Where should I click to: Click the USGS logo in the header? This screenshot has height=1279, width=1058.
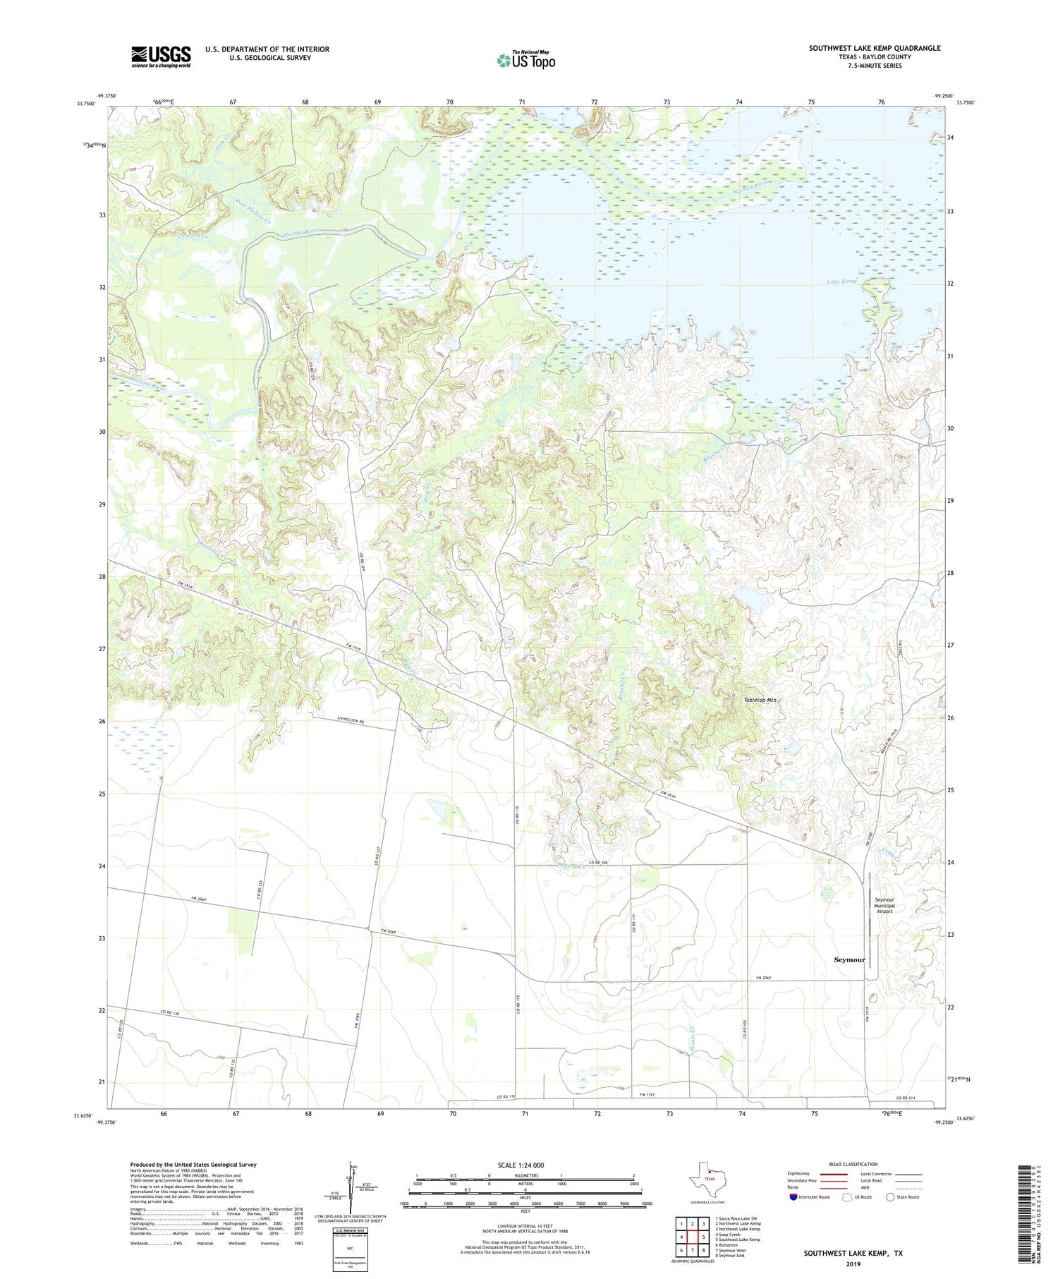pyautogui.click(x=161, y=56)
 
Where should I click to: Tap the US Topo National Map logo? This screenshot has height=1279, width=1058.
pyautogui.click(x=525, y=60)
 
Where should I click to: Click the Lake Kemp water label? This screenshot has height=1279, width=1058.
pyautogui.click(x=841, y=281)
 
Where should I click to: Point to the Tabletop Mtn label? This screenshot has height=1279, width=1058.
pyautogui.click(x=760, y=700)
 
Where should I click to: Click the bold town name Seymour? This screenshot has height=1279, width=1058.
pyautogui.click(x=849, y=959)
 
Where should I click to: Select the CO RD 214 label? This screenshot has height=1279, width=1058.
pyautogui.click(x=906, y=1098)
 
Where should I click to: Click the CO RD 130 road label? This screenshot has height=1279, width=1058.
pyautogui.click(x=170, y=1013)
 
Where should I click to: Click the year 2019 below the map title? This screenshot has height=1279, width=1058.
pyautogui.click(x=852, y=1264)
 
